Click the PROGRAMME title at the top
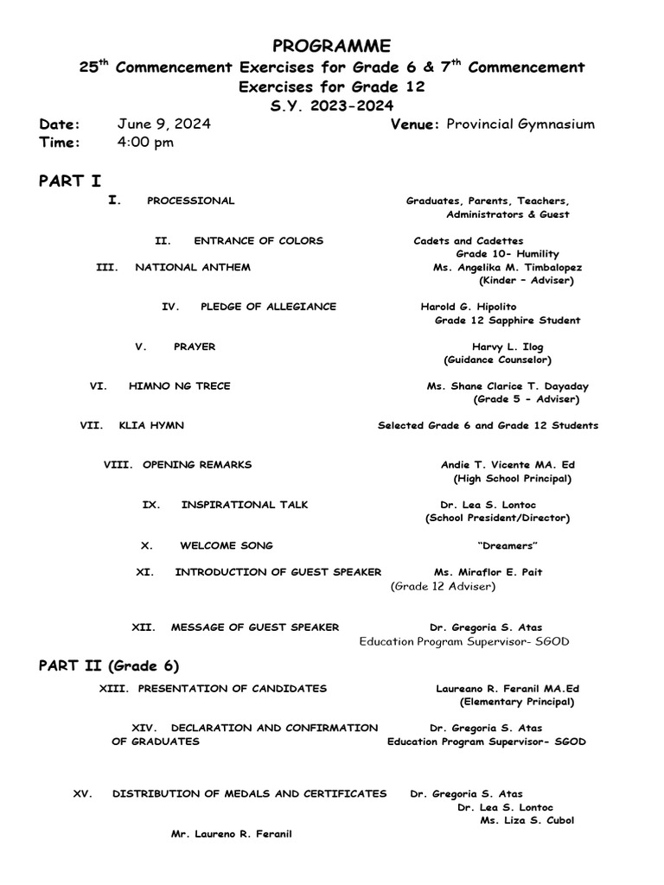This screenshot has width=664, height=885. point(332,46)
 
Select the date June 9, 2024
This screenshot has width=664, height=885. point(164,124)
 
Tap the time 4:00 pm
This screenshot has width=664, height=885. point(145,142)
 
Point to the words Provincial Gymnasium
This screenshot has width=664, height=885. point(520,124)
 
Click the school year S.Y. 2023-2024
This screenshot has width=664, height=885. point(332,105)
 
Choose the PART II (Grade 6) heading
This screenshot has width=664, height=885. point(109,665)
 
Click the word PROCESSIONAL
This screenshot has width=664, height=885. point(190,201)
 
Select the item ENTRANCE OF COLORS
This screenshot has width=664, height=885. point(259,240)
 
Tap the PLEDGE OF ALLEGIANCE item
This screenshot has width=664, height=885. point(268,307)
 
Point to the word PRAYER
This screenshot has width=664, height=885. point(195,347)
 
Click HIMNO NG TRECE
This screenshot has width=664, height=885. point(179,386)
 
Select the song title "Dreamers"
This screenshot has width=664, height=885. point(508,545)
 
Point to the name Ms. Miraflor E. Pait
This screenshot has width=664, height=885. point(488,572)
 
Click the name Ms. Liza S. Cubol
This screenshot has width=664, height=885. point(527,820)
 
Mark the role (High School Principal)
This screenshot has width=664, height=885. point(512,478)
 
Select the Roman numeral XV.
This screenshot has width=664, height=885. point(83,793)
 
